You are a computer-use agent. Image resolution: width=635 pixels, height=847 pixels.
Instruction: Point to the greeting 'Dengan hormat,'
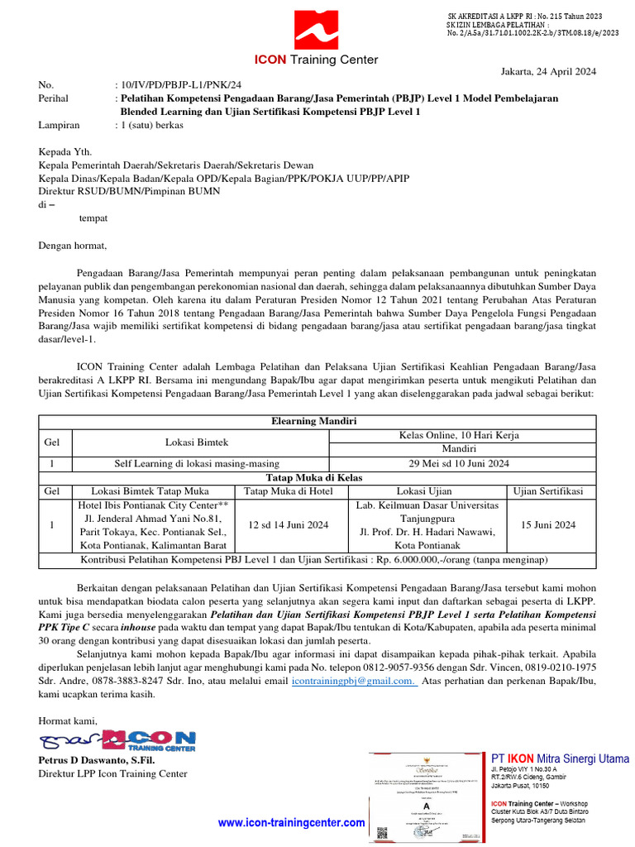[x=73, y=245]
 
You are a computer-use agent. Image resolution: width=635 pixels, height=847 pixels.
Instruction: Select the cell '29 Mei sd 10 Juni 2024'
[x=460, y=463]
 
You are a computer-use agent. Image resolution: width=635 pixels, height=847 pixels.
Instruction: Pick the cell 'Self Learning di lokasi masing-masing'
[x=197, y=463]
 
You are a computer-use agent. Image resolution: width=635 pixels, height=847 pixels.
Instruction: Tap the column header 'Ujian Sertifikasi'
[x=548, y=491]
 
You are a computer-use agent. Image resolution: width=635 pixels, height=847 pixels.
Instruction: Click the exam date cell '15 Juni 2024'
[x=548, y=524]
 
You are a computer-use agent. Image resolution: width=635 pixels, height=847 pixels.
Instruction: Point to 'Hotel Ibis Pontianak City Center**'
[x=152, y=505]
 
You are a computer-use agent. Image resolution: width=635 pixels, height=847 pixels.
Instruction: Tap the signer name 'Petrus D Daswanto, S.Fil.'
[x=97, y=760]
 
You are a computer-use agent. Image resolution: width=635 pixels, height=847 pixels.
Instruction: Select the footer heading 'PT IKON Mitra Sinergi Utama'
[x=560, y=758]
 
